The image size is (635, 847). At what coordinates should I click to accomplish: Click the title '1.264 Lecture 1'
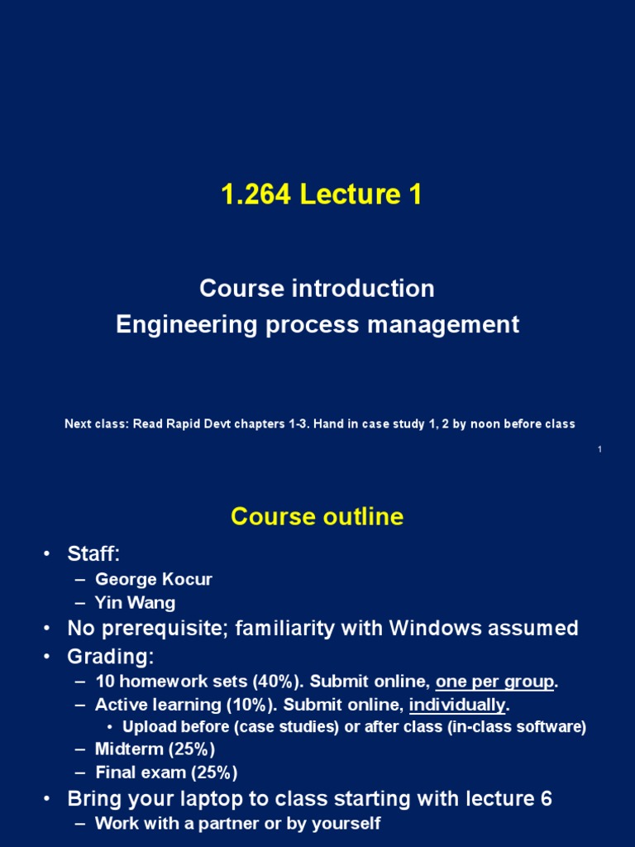(321, 195)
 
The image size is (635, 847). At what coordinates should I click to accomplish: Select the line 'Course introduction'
(317, 289)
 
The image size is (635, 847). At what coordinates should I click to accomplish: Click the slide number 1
(599, 449)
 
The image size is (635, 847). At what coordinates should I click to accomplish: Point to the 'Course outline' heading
(317, 517)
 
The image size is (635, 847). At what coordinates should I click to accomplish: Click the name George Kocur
(153, 579)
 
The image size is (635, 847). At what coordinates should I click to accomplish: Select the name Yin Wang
(135, 603)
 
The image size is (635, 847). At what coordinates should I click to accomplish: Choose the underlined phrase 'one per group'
(495, 682)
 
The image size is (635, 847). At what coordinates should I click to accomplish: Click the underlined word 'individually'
(457, 706)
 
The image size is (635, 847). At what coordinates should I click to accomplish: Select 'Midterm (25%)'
(155, 749)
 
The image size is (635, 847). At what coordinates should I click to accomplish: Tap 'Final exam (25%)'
(166, 773)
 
